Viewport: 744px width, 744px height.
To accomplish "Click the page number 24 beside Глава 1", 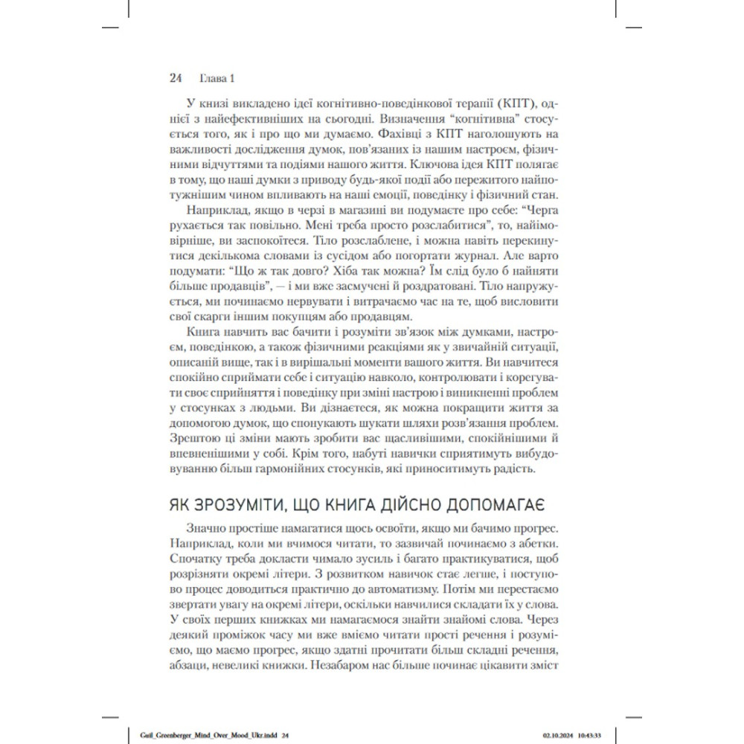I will [176, 77].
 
